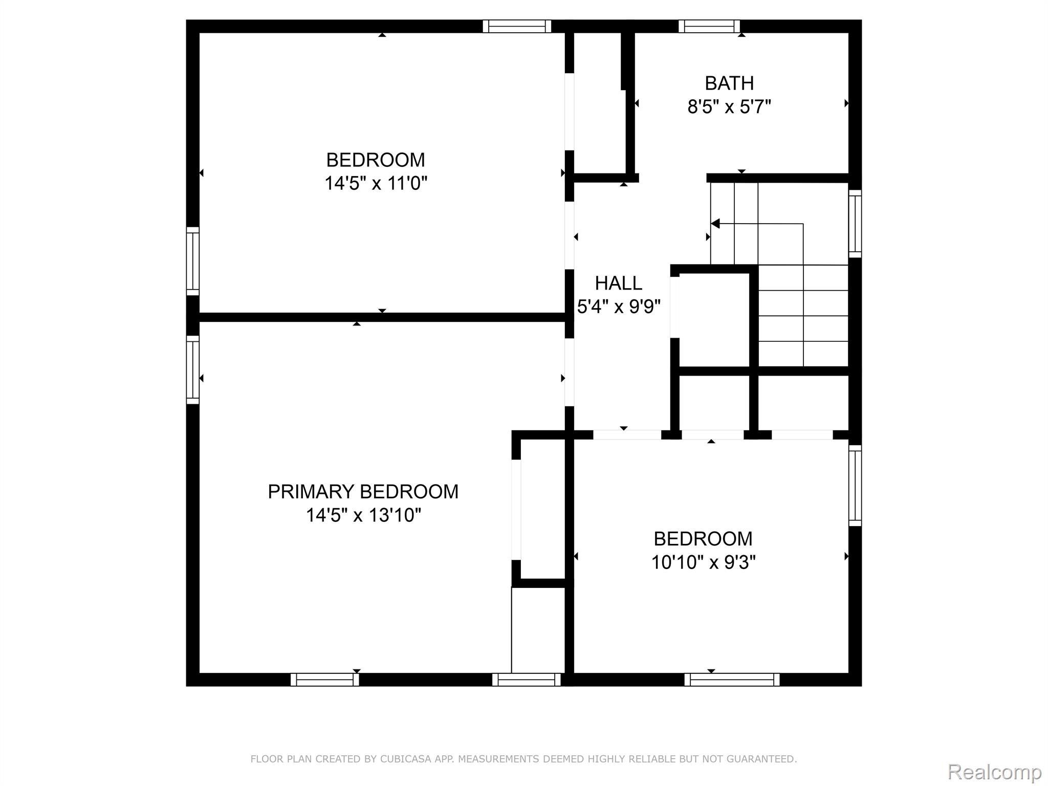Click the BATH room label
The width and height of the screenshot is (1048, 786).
click(729, 83)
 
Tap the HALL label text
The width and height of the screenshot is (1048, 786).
click(618, 283)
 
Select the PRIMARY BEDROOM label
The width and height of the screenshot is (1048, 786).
click(363, 492)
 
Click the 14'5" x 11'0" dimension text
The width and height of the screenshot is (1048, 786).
click(376, 183)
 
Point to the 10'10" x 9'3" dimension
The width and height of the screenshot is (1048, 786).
click(703, 562)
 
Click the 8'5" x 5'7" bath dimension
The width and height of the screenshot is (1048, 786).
click(729, 106)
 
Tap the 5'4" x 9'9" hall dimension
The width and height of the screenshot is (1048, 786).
click(619, 307)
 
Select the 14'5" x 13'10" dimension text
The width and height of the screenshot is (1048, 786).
click(363, 515)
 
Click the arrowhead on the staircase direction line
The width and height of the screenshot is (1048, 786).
click(715, 224)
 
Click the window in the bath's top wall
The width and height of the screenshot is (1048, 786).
click(709, 26)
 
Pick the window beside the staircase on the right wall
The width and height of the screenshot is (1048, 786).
click(855, 224)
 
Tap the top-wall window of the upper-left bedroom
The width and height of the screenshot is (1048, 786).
click(517, 26)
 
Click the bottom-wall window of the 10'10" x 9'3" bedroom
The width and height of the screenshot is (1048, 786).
click(732, 680)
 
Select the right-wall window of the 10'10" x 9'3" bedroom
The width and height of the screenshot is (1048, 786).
click(855, 486)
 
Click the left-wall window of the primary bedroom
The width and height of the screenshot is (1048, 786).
click(192, 370)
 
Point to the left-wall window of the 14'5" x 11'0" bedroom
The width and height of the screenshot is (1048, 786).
click(192, 261)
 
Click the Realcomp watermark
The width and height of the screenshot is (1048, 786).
click(994, 772)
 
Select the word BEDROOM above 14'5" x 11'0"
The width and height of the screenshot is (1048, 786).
click(376, 160)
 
